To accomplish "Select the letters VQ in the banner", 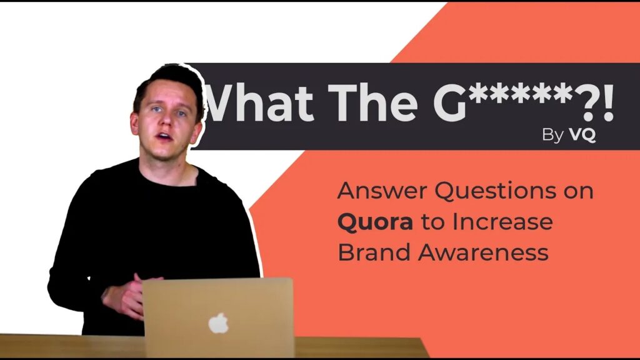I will [582, 135].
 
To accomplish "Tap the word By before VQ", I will [552, 136].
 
